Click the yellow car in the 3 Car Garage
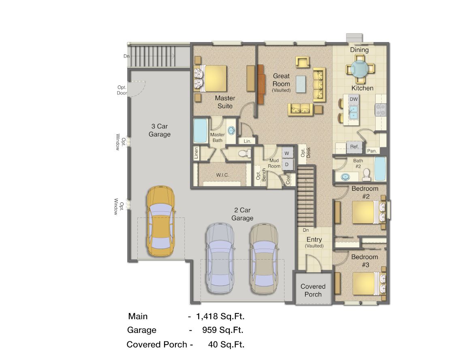click(x=161, y=221)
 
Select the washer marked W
click(x=287, y=153)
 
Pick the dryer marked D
click(x=287, y=164)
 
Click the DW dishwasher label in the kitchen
click(x=353, y=99)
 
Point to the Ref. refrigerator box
click(x=355, y=147)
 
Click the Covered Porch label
click(x=313, y=290)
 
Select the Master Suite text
click(x=225, y=102)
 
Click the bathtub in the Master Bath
click(x=200, y=130)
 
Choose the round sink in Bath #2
click(x=346, y=177)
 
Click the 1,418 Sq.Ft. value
click(x=220, y=316)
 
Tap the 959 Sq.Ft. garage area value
click(x=223, y=330)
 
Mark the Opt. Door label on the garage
click(x=122, y=90)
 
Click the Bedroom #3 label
click(x=365, y=261)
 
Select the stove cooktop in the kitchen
click(x=381, y=110)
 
